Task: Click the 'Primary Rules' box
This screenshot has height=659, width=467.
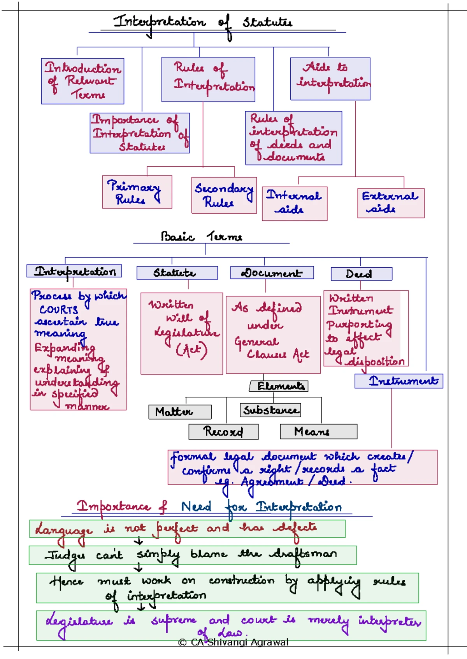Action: [x=137, y=192]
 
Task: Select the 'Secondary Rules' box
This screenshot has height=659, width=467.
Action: [x=224, y=195]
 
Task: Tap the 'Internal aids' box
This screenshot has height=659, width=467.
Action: [x=294, y=203]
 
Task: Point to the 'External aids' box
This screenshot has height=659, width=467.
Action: [x=390, y=203]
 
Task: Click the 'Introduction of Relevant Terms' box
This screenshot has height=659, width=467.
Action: [x=83, y=81]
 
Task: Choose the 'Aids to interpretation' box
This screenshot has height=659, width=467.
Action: [x=330, y=78]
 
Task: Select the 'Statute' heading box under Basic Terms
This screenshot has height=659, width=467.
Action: [x=177, y=273]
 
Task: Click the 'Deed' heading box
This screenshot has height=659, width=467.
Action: [x=361, y=274]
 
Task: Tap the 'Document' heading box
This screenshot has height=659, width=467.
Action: [x=272, y=273]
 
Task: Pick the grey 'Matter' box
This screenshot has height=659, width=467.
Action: [x=180, y=412]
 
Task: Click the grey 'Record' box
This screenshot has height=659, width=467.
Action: [x=223, y=432]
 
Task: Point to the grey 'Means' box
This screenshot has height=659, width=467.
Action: [x=318, y=432]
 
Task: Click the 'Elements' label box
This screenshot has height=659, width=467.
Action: [x=279, y=386]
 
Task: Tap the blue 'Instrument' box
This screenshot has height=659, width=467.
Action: [x=399, y=381]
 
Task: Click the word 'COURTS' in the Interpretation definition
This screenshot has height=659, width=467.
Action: [x=59, y=310]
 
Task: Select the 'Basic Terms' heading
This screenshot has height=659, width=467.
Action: [x=202, y=236]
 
